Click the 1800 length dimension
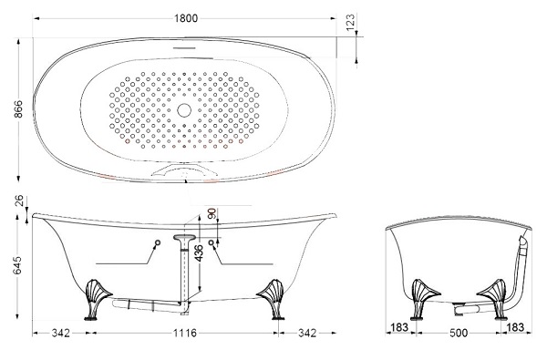tap(186, 18)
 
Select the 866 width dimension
tap(18, 109)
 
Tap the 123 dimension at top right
tap(351, 22)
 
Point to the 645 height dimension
tap(16, 265)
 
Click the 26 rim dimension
tap(19, 201)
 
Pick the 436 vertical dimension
tap(198, 252)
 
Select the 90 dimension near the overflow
tap(212, 213)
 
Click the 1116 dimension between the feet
tap(185, 334)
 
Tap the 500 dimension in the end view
tap(459, 334)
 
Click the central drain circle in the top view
tap(184, 110)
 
